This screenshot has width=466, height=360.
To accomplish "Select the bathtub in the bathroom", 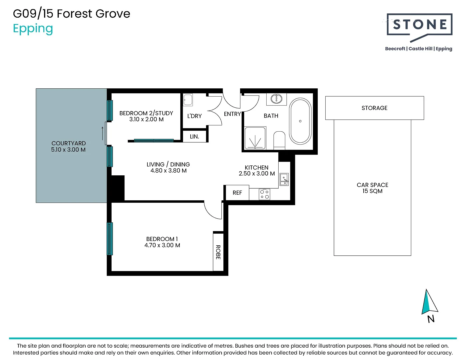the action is coord(300,121).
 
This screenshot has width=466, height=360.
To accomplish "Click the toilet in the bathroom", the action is coord(279,140).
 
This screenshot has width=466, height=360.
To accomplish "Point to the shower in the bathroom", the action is coord(255,138).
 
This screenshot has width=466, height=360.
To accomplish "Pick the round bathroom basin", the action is coord(276,99).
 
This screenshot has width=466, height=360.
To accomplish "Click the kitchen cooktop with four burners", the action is coord(264,194).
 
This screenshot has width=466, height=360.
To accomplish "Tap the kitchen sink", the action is coord(284,179).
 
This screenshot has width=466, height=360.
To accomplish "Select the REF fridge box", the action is coord(237,193).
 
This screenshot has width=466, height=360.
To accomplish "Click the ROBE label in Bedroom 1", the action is coord(218,252).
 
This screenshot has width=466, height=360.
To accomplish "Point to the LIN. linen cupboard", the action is coord(194,136).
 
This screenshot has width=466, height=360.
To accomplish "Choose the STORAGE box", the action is coord(374,108).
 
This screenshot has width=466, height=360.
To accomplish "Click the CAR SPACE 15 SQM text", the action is coord(372,188).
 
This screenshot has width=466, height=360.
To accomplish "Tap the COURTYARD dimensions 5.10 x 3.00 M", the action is coord(68,149).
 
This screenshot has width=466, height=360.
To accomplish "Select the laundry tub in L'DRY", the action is coord(188,100).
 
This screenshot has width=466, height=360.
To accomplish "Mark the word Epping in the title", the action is coord(33,29).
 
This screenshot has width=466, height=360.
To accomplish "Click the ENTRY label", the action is coord(232,114).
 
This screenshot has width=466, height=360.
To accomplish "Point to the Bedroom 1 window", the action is coord(110,239).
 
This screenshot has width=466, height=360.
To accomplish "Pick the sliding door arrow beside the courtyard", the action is coord(103,133).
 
